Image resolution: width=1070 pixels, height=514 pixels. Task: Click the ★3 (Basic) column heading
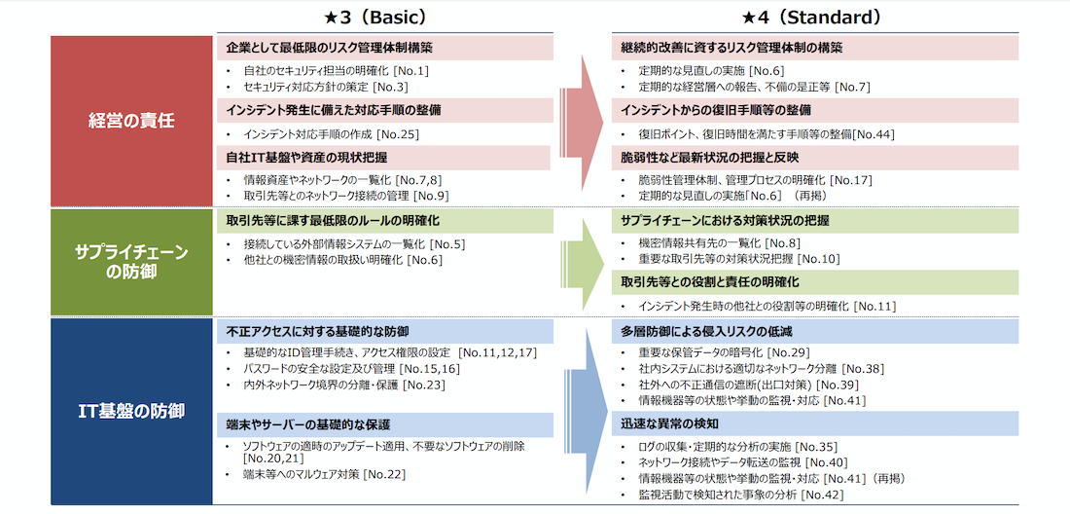coord(375,17)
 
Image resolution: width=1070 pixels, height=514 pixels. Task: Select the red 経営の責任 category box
coord(131,122)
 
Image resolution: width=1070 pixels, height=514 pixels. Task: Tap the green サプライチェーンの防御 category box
coord(131,262)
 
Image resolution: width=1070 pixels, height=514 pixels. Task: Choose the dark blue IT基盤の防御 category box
coord(131,411)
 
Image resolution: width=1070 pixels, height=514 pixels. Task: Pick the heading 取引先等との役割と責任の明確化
coord(710,282)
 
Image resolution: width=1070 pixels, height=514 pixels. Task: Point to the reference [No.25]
coord(398,134)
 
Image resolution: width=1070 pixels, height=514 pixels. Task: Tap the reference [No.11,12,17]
coord(499,352)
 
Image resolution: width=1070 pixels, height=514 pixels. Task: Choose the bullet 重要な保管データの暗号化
coord(700,352)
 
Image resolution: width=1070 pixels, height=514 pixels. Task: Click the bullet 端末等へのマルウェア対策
coord(302,474)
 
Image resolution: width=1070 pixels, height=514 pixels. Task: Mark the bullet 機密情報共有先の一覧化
coord(699,242)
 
